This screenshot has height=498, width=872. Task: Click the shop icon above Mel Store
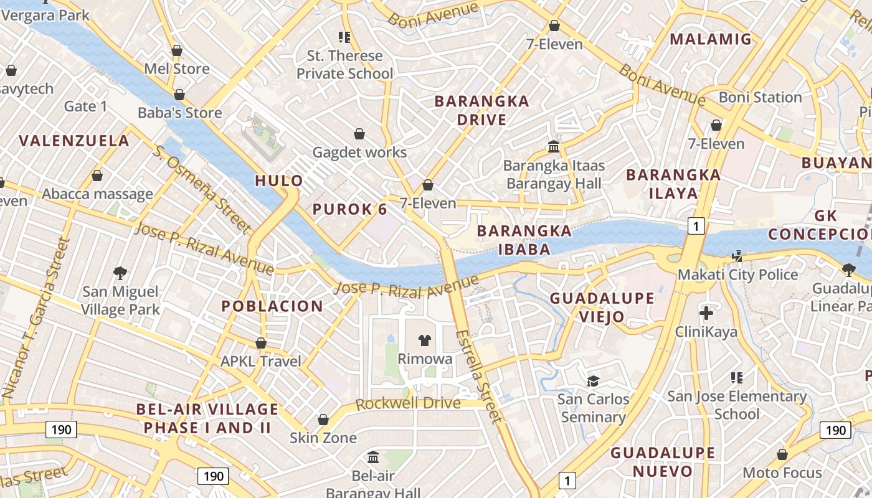click(x=177, y=50)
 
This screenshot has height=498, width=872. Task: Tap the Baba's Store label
click(x=179, y=113)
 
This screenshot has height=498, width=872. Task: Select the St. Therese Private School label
click(x=344, y=65)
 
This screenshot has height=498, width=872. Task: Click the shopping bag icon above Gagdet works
click(x=359, y=134)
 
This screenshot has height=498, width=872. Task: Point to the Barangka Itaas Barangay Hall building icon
click(x=553, y=147)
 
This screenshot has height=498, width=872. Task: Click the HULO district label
click(x=279, y=181)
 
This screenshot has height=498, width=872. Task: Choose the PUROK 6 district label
click(x=349, y=209)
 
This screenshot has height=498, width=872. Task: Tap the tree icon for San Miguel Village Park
click(x=120, y=273)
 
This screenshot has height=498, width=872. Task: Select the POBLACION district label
click(x=272, y=306)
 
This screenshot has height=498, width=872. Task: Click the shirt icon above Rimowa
click(x=425, y=340)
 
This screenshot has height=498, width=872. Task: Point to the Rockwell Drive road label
click(x=408, y=403)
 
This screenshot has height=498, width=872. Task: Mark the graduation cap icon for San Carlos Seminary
click(x=593, y=380)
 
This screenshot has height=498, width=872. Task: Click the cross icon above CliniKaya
click(x=706, y=312)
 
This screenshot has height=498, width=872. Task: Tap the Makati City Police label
click(x=737, y=275)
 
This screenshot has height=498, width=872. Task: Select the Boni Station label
click(x=760, y=97)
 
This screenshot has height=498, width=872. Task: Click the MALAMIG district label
click(x=711, y=39)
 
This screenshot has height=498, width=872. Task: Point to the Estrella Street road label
click(x=478, y=376)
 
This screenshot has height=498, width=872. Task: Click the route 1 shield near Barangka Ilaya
click(x=696, y=226)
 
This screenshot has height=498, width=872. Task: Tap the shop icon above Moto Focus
click(x=782, y=454)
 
